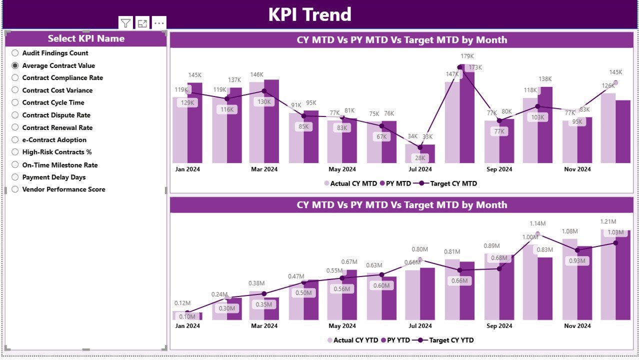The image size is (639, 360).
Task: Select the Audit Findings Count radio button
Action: (15, 53)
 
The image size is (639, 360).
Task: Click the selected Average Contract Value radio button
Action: (15, 65)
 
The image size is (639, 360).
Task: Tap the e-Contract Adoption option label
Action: (54, 140)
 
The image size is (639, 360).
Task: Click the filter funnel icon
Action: (125, 23)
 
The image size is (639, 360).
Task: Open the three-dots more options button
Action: (159, 23)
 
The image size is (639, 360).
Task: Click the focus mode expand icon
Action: (142, 23)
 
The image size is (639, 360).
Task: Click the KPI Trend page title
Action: (309, 14)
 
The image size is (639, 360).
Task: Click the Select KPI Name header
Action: (86, 38)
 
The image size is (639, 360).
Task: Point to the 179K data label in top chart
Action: (467, 56)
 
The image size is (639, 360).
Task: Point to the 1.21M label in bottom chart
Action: (608, 221)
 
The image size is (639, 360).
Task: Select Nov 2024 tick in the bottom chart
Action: (577, 326)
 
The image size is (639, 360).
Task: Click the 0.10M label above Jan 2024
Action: (187, 316)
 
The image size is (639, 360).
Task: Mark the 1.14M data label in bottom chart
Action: (537, 223)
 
